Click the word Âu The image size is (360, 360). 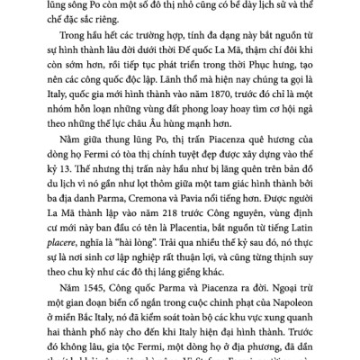pyautogui.click(x=192, y=141)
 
